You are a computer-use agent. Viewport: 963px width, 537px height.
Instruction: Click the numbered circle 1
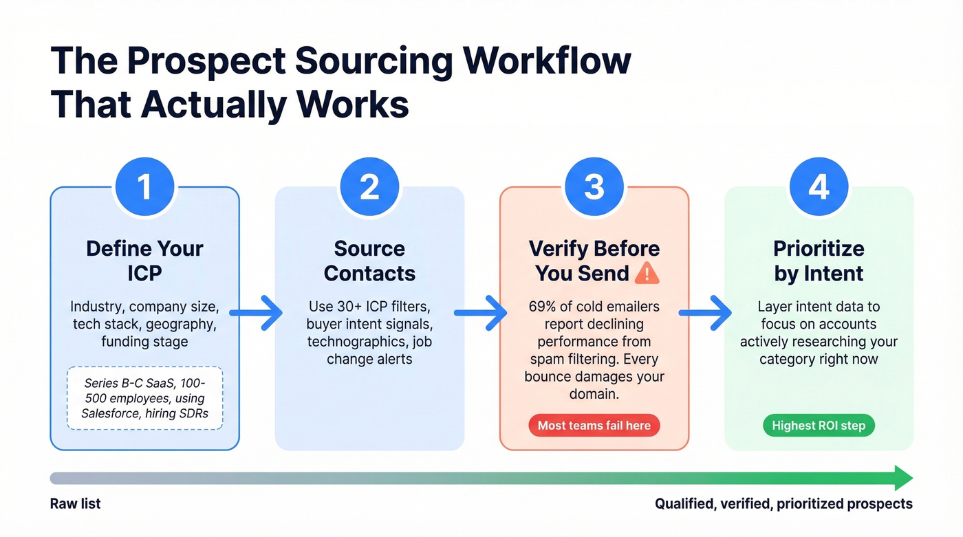point(144,187)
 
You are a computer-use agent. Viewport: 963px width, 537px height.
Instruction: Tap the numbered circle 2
point(369,187)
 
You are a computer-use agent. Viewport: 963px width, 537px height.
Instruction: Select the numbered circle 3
point(594,187)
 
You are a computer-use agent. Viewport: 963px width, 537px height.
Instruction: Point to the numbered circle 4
point(819,187)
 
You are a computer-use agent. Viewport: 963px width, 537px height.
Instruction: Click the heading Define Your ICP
point(144,261)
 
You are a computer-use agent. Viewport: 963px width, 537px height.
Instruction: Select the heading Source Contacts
point(369,261)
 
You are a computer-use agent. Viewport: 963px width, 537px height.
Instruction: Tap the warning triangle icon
point(647,274)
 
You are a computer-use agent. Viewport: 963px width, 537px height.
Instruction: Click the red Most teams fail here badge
point(594,426)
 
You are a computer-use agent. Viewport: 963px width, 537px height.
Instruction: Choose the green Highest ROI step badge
point(819,426)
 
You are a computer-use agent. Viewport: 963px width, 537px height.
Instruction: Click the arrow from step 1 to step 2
point(256,314)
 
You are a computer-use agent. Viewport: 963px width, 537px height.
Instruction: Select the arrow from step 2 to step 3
point(481,314)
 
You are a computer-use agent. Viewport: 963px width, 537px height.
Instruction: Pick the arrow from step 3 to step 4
point(705,314)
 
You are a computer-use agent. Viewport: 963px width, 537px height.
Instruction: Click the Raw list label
point(76,504)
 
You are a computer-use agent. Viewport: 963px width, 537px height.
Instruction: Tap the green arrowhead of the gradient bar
point(903,478)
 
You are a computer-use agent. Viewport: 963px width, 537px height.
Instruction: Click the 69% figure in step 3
point(543,306)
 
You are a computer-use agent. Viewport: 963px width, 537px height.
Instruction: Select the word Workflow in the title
point(547,61)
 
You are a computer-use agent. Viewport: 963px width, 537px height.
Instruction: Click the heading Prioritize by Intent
point(819,261)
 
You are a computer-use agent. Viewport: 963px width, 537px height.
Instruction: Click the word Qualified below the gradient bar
point(684,504)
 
